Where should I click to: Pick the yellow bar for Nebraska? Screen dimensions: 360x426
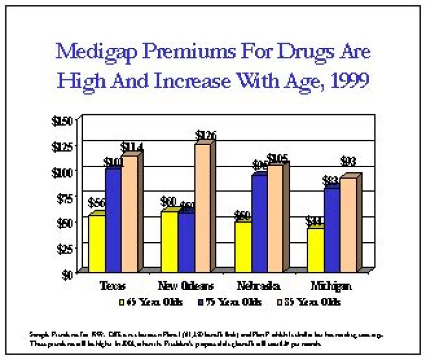243,245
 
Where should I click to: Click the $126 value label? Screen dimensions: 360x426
205,136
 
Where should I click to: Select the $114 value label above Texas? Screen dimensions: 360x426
132,147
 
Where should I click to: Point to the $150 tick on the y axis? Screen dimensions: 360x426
63,121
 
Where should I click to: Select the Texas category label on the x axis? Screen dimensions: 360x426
112,285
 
